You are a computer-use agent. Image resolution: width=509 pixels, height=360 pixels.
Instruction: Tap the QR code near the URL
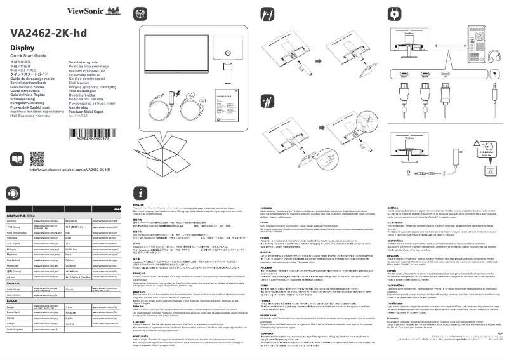(37, 157)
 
